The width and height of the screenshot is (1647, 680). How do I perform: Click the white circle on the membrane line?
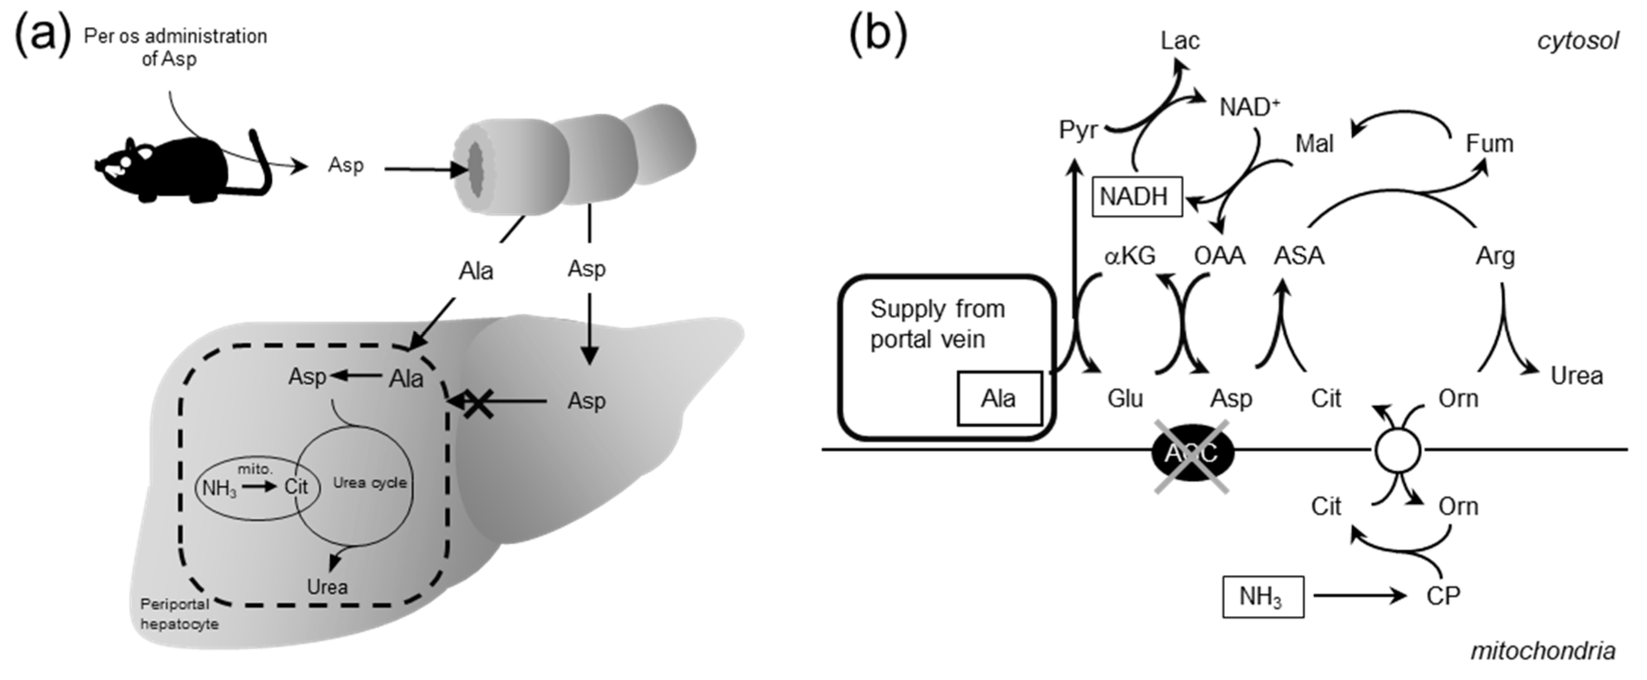click(x=1398, y=451)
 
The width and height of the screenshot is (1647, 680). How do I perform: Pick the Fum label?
click(x=1489, y=144)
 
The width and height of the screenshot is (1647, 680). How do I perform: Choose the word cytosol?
click(x=1577, y=41)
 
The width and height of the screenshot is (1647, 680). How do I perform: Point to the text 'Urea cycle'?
click(x=370, y=483)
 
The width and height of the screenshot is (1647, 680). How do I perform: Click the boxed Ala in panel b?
click(x=998, y=399)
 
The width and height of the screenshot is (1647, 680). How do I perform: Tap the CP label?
click(x=1443, y=596)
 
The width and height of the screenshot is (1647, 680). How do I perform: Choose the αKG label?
click(x=1130, y=256)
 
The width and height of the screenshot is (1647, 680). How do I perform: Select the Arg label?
click(x=1495, y=256)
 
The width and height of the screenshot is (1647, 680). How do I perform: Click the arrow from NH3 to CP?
click(x=1359, y=596)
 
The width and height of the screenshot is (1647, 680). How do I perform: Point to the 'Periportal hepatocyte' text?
click(x=180, y=613)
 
